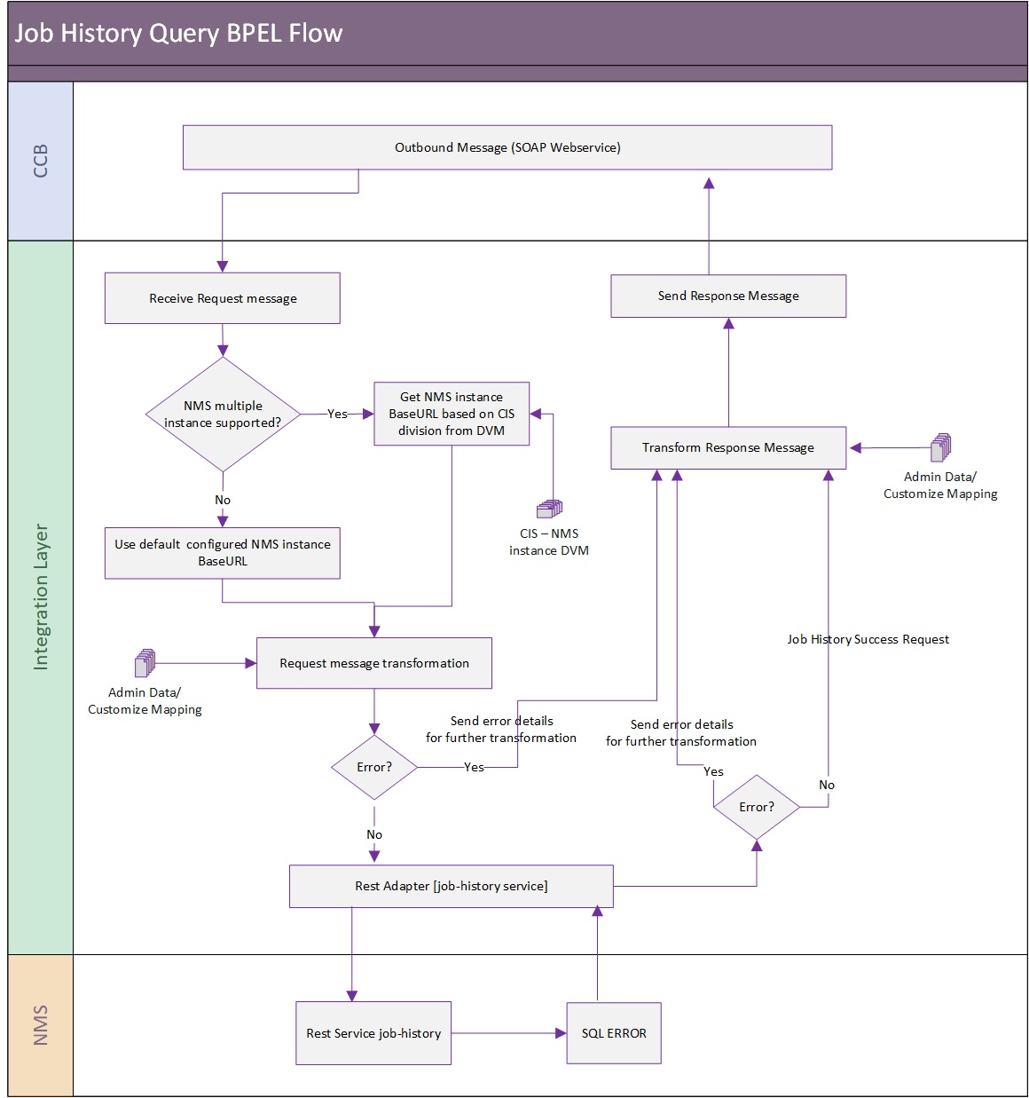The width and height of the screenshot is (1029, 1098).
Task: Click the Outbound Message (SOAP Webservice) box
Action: click(507, 147)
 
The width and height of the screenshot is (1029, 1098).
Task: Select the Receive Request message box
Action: click(222, 298)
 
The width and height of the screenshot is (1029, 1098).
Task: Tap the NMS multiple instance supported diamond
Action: click(223, 415)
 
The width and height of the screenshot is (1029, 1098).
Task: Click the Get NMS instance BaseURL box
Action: click(452, 414)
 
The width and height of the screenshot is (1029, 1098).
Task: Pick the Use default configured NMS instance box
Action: click(222, 553)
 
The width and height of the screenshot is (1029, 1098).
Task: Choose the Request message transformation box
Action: click(374, 663)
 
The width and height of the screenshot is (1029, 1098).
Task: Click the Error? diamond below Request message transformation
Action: click(374, 767)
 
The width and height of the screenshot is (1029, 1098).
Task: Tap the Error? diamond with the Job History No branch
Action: click(757, 807)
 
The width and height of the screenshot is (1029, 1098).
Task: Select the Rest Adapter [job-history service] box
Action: click(451, 886)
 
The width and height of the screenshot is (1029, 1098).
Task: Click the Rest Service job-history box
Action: click(373, 1033)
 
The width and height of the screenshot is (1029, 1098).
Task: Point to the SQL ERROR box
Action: click(614, 1033)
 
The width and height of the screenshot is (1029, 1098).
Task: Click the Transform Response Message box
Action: click(728, 447)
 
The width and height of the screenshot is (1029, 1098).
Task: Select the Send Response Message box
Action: click(728, 296)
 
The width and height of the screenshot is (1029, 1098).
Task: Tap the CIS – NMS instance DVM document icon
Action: click(549, 509)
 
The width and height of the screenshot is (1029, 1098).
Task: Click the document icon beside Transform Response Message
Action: click(940, 447)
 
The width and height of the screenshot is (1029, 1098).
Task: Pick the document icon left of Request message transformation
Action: click(145, 663)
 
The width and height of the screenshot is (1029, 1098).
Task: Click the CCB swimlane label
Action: click(40, 161)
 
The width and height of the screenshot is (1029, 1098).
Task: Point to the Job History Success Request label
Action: click(868, 639)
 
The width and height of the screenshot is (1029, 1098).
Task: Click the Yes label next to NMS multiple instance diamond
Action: click(337, 414)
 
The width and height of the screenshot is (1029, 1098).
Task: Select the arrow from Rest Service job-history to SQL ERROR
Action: click(508, 1033)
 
